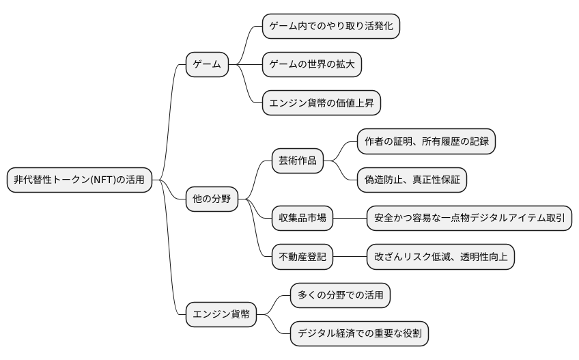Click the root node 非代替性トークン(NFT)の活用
[79, 180]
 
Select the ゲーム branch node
[207, 65]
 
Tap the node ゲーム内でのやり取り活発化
[331, 26]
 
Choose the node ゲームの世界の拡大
[312, 65]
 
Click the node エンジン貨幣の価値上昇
[322, 103]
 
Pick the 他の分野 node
[212, 199]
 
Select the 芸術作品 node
[298, 161]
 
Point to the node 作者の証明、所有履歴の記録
[426, 141]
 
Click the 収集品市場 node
[302, 219]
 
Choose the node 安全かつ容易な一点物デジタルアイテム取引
[469, 219]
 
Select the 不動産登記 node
[302, 257]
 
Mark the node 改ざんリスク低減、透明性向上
[440, 257]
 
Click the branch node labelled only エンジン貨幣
[221, 315]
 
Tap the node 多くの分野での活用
[341, 295]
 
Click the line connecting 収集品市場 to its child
[350, 219]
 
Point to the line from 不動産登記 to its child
[350, 257]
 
